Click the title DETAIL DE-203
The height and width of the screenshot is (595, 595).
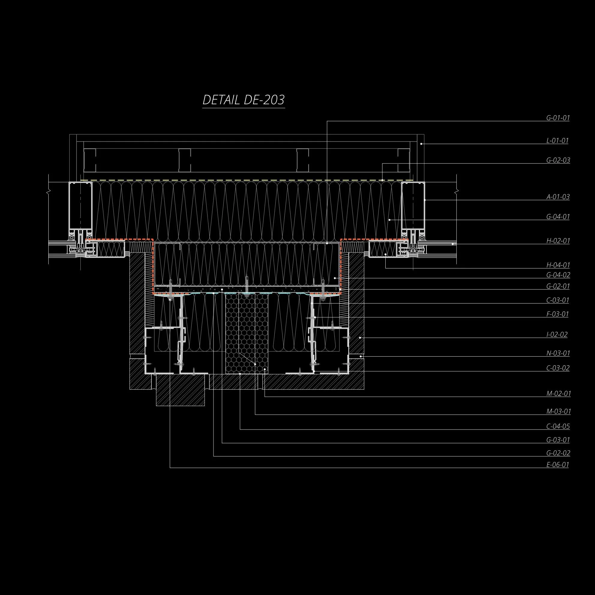pyautogui.click(x=243, y=100)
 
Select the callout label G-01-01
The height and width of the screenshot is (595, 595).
pyautogui.click(x=558, y=118)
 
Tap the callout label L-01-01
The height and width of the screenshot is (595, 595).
pyautogui.click(x=557, y=141)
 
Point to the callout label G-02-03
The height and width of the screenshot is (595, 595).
pyautogui.click(x=558, y=160)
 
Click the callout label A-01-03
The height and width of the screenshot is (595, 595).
pyautogui.click(x=558, y=196)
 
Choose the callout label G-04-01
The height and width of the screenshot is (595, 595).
pyautogui.click(x=558, y=217)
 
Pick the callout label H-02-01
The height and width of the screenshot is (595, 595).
pyautogui.click(x=558, y=241)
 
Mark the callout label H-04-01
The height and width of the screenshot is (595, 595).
pyautogui.click(x=558, y=265)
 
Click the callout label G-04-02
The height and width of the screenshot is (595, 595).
pyautogui.click(x=558, y=275)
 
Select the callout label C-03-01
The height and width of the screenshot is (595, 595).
pyautogui.click(x=558, y=300)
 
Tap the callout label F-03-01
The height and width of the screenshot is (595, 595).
pyautogui.click(x=557, y=314)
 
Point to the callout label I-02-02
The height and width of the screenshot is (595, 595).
pyautogui.click(x=557, y=334)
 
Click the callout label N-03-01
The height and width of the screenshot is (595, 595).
pyautogui.click(x=558, y=353)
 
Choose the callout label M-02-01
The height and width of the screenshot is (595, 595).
pyautogui.click(x=558, y=393)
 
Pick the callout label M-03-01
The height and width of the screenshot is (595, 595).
pyautogui.click(x=558, y=411)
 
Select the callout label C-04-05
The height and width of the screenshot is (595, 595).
pyautogui.click(x=558, y=426)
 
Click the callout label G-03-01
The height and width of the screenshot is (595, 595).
pyautogui.click(x=558, y=440)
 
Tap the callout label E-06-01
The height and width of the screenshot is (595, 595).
pyautogui.click(x=557, y=465)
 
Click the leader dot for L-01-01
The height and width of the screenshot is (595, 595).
pyautogui.click(x=421, y=144)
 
